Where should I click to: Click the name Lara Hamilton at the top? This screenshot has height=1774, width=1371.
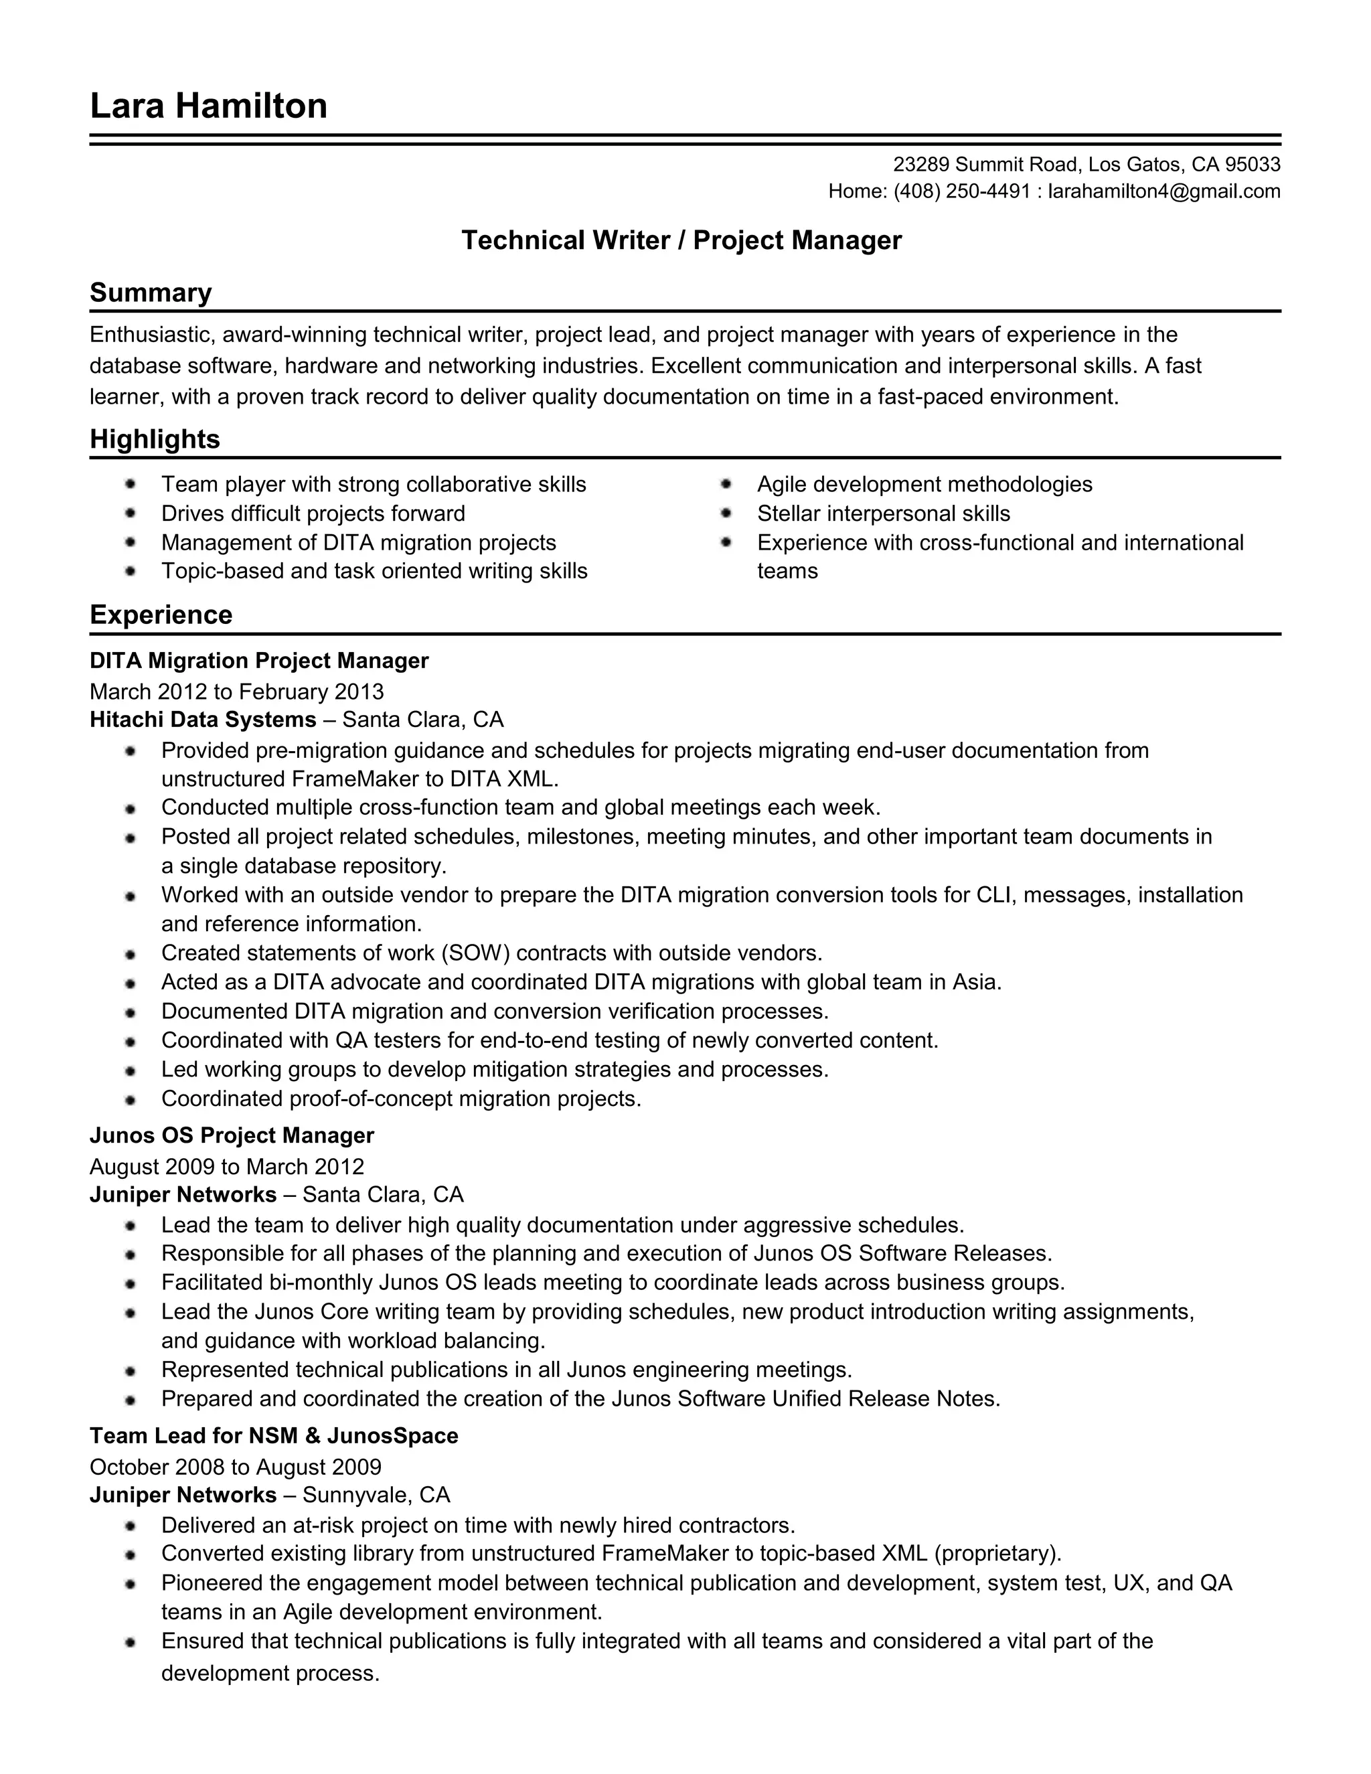tap(208, 106)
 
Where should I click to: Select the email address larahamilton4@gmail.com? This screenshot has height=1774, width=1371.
tap(1164, 191)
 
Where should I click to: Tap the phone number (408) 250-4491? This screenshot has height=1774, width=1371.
tap(962, 191)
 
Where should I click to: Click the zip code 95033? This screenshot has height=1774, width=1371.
tap(1253, 165)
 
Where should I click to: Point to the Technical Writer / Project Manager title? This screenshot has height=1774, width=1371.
tap(681, 240)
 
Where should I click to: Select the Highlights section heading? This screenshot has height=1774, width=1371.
tap(155, 439)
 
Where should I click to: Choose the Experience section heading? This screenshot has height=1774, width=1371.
tap(161, 615)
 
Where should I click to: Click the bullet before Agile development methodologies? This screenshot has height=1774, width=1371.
tap(726, 484)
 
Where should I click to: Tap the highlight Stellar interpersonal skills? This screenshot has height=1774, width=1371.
tap(884, 513)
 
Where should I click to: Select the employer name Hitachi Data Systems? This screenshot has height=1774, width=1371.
tap(203, 720)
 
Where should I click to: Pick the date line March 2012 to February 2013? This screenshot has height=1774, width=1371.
tap(236, 692)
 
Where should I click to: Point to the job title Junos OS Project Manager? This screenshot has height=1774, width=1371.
tap(232, 1135)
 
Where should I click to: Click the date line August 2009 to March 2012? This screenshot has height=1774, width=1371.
tap(227, 1167)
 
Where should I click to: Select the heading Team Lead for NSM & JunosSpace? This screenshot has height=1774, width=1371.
tap(274, 1436)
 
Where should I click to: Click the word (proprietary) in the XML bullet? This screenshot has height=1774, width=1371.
tap(997, 1554)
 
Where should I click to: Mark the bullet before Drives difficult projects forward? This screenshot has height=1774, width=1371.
tap(131, 513)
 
